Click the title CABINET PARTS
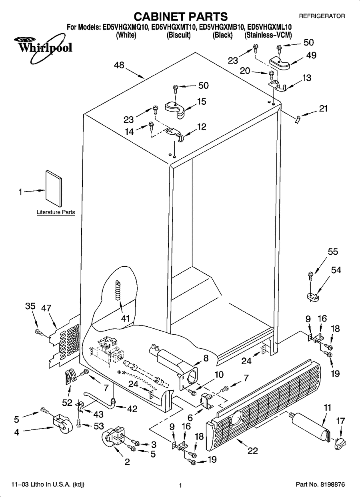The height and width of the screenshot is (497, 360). tap(180, 16)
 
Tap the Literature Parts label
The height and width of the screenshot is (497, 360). tap(56, 212)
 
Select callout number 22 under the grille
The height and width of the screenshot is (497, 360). tap(252, 451)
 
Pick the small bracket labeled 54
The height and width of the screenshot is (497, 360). tap(314, 297)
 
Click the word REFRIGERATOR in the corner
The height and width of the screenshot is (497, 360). tap(322, 16)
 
